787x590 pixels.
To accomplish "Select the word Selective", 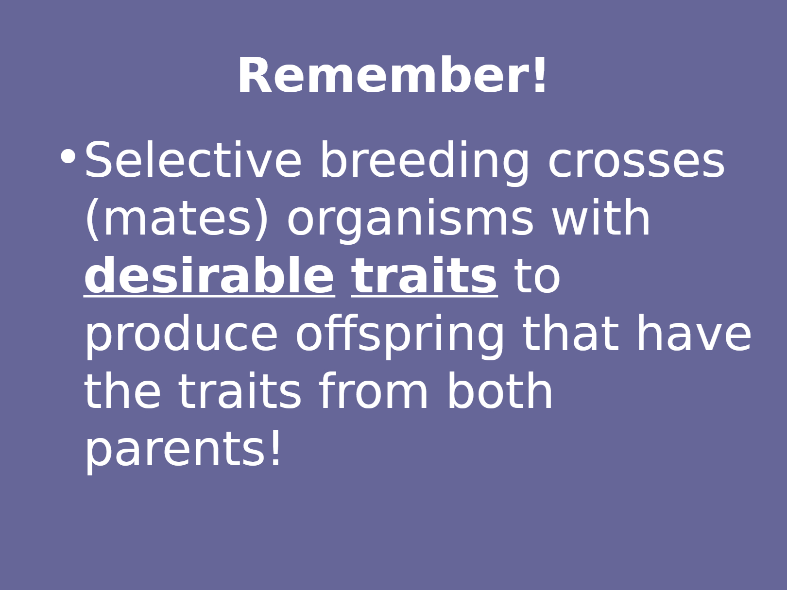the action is point(192,159).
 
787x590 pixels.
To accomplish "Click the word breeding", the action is point(424,163).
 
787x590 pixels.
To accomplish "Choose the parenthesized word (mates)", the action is point(176,219).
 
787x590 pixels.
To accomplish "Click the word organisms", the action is point(410,221).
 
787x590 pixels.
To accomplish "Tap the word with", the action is point(600,216).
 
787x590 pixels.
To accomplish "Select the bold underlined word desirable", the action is point(209,275).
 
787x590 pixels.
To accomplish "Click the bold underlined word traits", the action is point(424,275).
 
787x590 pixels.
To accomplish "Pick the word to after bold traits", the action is point(537,278).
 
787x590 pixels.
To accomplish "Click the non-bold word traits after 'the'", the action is point(239,391).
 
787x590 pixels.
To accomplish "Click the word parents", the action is point(174,450).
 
